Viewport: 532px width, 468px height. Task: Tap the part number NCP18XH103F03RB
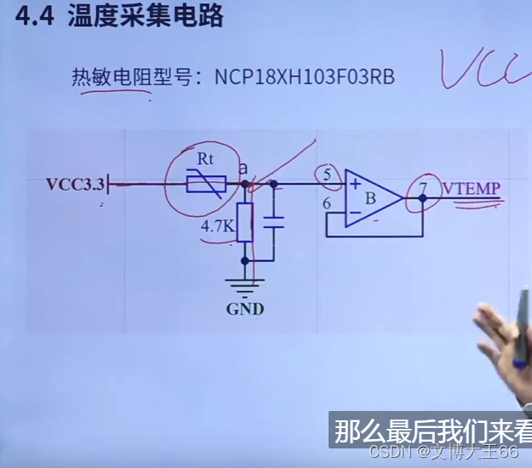[304, 77]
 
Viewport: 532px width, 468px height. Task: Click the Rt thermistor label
[205, 158]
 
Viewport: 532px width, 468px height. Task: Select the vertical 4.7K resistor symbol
[245, 223]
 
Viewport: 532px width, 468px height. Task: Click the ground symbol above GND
[245, 283]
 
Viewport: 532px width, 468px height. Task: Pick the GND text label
[245, 308]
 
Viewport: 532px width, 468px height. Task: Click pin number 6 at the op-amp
[327, 203]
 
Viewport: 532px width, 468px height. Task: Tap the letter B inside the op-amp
[370, 199]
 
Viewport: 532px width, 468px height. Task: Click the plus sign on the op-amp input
[352, 183]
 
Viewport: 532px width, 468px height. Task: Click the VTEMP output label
[471, 188]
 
